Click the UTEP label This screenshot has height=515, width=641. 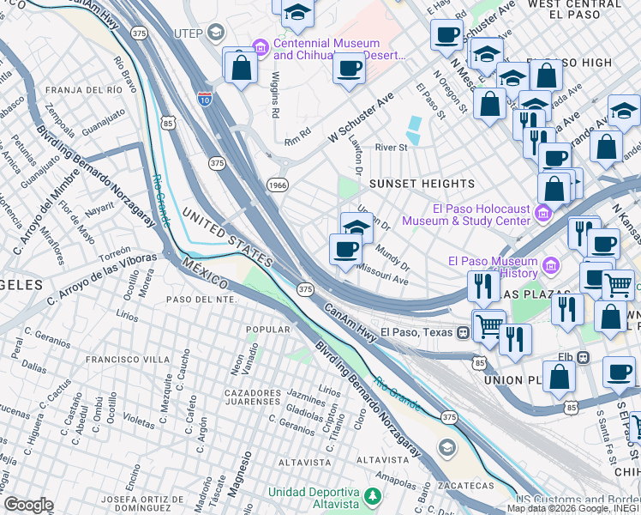click(x=189, y=33)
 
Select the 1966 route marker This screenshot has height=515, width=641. click(x=278, y=185)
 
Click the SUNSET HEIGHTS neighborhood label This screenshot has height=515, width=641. click(x=422, y=184)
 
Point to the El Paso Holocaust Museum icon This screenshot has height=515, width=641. click(x=542, y=212)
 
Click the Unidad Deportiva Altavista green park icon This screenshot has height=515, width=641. click(x=373, y=496)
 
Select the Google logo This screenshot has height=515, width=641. click(x=28, y=505)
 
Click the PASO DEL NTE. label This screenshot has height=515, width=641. click(x=202, y=300)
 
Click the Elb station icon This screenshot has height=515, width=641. click(x=584, y=356)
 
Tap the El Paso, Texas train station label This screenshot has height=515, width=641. click(x=417, y=332)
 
